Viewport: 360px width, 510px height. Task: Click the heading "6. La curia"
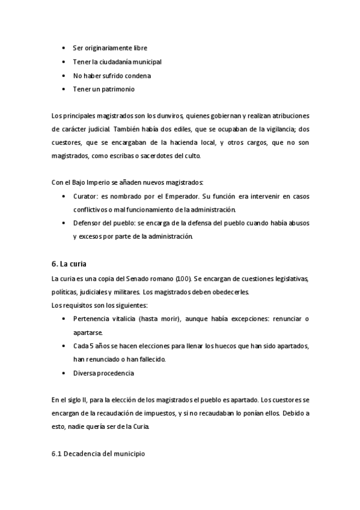click(70, 263)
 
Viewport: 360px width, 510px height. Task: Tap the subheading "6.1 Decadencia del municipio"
click(99, 453)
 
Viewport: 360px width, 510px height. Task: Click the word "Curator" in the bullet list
click(85, 197)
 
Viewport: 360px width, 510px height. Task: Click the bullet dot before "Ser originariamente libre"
click(64, 48)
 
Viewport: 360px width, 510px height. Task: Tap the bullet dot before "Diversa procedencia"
click(64, 373)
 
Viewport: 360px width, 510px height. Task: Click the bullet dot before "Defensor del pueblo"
click(64, 223)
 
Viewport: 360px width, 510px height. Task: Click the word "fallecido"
click(149, 359)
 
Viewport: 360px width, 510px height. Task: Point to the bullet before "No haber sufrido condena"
click(64, 75)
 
